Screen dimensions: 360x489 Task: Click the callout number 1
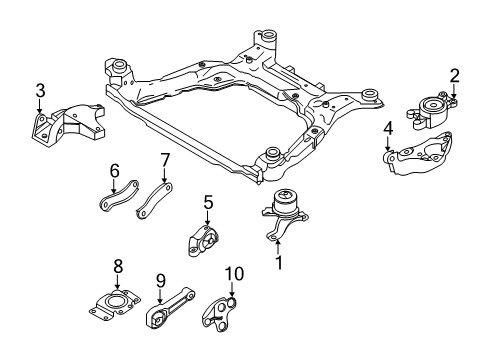tap(280, 264)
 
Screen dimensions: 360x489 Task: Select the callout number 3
tap(39, 92)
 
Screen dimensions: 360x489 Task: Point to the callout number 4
tap(387, 127)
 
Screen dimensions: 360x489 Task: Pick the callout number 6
tap(115, 171)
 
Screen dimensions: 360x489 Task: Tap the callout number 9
tap(160, 281)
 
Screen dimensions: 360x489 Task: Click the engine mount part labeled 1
tap(286, 216)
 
